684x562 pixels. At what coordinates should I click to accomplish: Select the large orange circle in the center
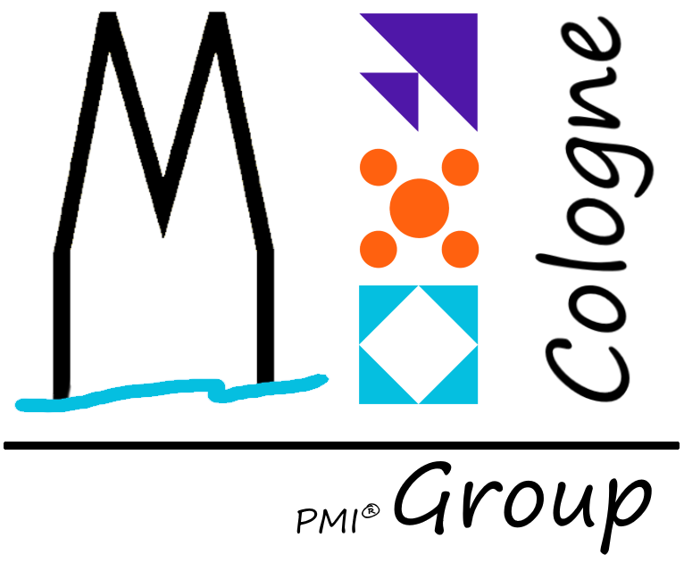(x=419, y=208)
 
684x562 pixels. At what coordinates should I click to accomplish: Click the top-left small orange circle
(x=377, y=166)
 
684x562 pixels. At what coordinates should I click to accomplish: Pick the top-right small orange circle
(x=461, y=166)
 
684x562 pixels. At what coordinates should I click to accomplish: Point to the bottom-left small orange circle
(x=377, y=247)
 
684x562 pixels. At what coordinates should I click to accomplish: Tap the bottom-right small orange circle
(x=461, y=247)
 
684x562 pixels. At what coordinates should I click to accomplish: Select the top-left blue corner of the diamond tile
(x=372, y=300)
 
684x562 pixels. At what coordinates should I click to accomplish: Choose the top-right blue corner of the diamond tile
(x=463, y=300)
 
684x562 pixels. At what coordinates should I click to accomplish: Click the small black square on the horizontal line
(x=488, y=435)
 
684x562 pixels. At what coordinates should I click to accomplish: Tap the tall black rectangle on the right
(x=597, y=219)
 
